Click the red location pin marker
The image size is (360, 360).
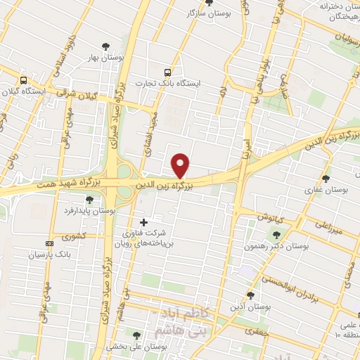[181, 165]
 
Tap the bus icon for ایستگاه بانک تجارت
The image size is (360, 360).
[167, 72]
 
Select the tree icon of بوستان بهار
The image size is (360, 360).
[105, 46]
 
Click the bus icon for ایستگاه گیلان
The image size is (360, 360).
[24, 80]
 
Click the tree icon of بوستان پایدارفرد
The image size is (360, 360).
[89, 200]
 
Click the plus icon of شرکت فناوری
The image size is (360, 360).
[144, 222]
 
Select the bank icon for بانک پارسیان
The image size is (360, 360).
[49, 243]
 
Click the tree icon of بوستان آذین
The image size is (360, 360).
[251, 295]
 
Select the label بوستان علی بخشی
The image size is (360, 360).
[135, 347]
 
